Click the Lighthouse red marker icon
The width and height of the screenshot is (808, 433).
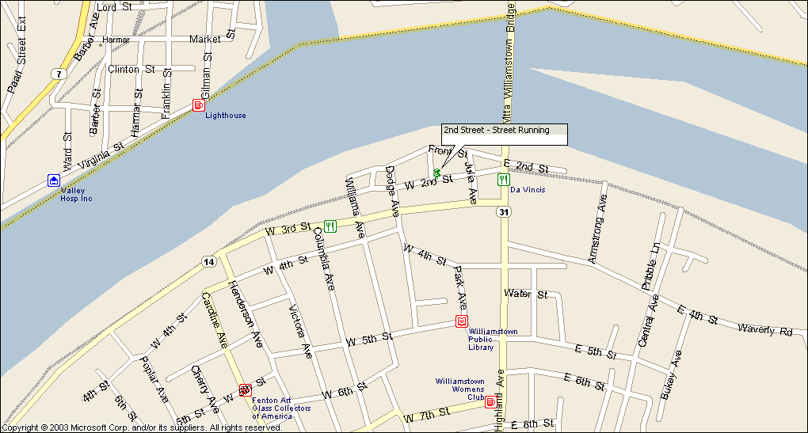click(x=198, y=105)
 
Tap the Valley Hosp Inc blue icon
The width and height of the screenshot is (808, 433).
click(x=53, y=180)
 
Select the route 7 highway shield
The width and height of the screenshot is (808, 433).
click(x=57, y=74)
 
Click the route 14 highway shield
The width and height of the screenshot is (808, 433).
click(x=208, y=262)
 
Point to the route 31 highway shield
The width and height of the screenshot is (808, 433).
click(x=503, y=212)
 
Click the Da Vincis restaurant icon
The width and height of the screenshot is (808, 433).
click(x=502, y=180)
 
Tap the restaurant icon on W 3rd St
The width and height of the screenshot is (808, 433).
click(x=330, y=226)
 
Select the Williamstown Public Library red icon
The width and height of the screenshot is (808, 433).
click(x=461, y=321)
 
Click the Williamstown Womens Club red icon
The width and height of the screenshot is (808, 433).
click(x=490, y=402)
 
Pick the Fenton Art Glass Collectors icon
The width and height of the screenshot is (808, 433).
click(x=245, y=390)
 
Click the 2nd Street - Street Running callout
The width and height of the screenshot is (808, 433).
click(x=505, y=131)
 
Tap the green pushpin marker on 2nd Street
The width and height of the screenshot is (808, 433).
click(x=436, y=172)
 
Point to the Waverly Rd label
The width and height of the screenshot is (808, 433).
click(x=764, y=329)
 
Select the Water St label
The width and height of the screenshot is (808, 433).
click(x=526, y=294)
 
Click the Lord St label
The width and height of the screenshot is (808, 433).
click(x=114, y=7)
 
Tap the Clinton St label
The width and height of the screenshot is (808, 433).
click(x=131, y=69)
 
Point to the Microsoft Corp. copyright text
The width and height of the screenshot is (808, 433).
click(x=143, y=427)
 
